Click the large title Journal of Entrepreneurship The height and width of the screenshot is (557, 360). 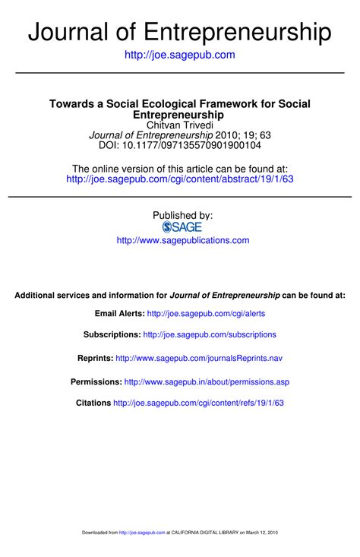click(180, 31)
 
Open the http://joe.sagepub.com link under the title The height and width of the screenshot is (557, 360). click(180, 55)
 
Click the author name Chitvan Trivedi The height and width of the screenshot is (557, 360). click(180, 125)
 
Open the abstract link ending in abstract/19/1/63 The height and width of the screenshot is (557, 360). click(180, 179)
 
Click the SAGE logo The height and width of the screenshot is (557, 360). click(182, 227)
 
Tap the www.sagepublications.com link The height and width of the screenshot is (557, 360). click(182, 240)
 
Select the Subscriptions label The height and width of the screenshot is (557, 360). click(112, 334)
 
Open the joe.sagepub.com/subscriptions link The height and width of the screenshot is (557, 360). click(210, 334)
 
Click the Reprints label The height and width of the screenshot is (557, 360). click(96, 358)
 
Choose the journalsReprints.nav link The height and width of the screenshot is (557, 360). click(200, 358)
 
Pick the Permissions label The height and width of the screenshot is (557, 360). click(96, 381)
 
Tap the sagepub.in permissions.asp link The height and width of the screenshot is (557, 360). click(207, 381)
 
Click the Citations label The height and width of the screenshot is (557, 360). click(93, 403)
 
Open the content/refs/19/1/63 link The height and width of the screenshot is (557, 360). click(198, 403)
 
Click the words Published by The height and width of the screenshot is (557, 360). click(182, 215)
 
